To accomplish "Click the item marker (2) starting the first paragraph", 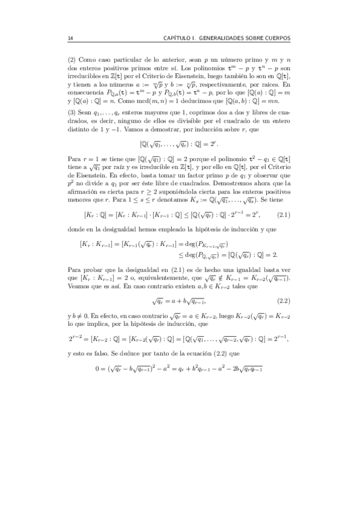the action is [x=73, y=60].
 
